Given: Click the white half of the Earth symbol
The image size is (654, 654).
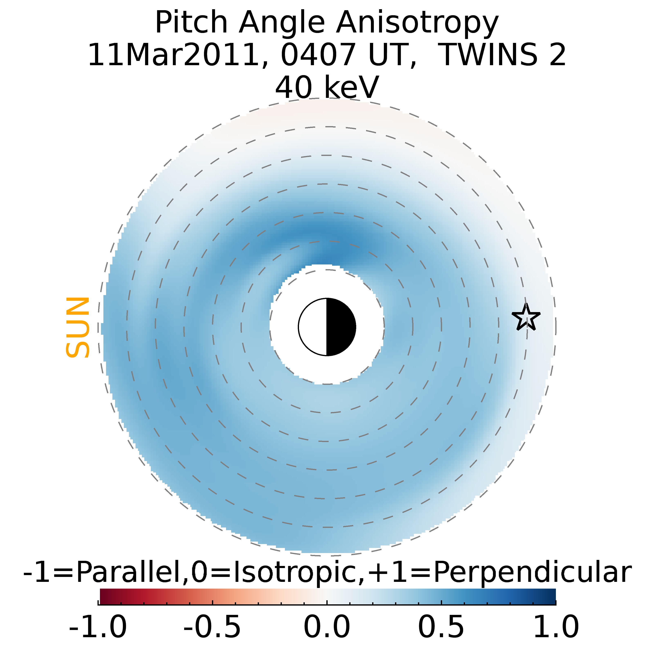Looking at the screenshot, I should click(x=313, y=327).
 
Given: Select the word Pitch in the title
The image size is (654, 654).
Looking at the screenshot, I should click(x=191, y=23).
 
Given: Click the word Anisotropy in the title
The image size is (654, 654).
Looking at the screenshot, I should click(x=417, y=23).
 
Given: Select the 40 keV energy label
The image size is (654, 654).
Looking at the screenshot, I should click(x=327, y=87).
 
